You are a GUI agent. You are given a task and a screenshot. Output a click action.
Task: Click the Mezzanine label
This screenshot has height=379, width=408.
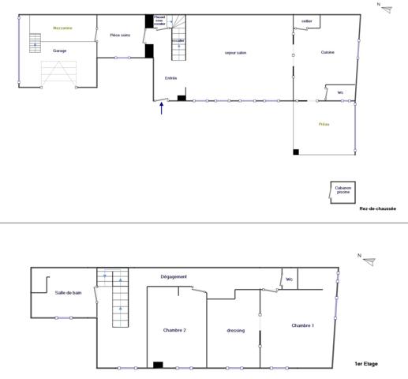point(62,28)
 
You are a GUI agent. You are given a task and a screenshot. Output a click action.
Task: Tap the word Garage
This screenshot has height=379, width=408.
point(60,51)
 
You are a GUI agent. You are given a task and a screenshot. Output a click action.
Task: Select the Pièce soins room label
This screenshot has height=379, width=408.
point(119,36)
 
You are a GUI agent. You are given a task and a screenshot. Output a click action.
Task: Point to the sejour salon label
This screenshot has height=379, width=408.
point(236,52)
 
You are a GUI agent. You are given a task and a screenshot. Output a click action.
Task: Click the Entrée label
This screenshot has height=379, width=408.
point(170,77)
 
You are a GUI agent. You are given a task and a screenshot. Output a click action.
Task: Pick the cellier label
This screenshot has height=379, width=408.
point(307,21)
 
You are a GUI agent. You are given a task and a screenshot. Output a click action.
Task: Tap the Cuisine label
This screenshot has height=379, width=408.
point(328,52)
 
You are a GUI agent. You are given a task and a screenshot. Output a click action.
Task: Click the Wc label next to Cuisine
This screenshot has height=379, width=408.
point(340,92)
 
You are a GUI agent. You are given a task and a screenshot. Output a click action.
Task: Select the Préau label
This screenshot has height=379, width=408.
point(324,125)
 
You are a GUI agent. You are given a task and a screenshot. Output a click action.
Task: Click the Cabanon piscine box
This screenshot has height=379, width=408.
point(342,190)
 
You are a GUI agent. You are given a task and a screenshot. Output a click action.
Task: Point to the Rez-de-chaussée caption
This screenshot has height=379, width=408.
point(377,209)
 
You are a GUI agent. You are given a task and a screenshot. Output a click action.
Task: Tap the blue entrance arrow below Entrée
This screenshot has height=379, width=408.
point(162,109)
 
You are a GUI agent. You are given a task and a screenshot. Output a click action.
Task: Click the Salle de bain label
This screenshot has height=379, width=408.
point(69,293)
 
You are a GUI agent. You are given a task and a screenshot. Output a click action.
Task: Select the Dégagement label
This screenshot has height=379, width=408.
point(174,276)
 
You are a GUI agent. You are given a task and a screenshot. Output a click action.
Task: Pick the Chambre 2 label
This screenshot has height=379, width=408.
point(174,329)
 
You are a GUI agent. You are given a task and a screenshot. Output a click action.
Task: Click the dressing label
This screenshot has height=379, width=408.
point(235,330)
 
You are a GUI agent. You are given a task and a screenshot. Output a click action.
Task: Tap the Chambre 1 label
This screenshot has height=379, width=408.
point(302,325)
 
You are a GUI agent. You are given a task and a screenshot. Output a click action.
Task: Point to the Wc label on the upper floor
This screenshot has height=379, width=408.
point(290,279)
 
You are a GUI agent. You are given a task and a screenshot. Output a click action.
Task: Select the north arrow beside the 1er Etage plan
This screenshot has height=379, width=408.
point(368,261)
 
